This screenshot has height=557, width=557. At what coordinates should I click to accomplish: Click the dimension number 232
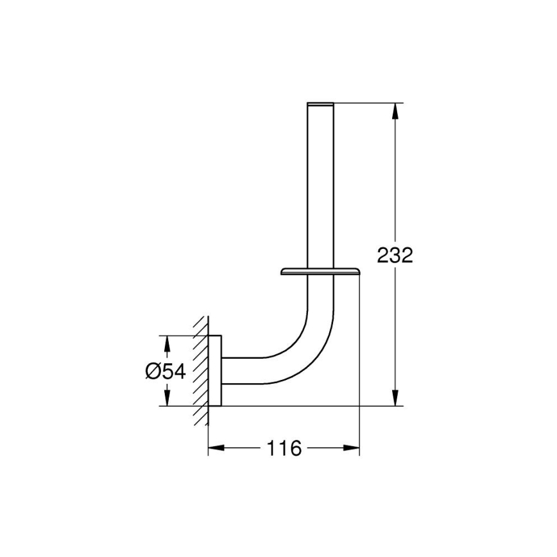[x=394, y=255]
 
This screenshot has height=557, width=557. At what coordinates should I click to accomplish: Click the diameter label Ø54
[x=165, y=371]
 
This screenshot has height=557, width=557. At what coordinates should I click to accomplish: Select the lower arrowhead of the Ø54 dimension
[x=167, y=398]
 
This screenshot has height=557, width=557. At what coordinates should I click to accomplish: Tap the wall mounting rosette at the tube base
[x=218, y=370]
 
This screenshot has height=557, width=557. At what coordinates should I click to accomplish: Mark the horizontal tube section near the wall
[x=247, y=372]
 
